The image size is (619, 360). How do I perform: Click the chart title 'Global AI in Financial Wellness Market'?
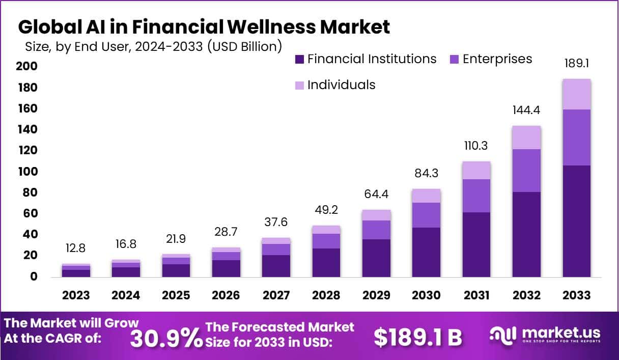(204, 26)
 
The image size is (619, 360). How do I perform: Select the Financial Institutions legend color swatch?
(299, 60)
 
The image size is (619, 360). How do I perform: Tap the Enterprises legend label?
(497, 59)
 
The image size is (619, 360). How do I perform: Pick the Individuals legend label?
(341, 85)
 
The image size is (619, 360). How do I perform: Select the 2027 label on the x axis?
(275, 295)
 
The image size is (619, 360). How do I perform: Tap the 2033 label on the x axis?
(577, 295)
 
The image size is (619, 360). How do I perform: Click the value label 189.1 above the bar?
(577, 64)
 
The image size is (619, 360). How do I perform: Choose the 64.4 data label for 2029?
(376, 195)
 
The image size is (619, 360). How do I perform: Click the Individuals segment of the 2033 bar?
(577, 94)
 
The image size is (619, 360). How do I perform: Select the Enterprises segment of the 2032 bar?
(526, 171)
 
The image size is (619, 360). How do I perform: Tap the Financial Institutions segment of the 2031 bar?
(476, 244)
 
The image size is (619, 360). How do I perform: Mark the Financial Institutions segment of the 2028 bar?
(326, 262)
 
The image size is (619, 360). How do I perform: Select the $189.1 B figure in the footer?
(417, 337)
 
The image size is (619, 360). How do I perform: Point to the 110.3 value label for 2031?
(476, 146)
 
